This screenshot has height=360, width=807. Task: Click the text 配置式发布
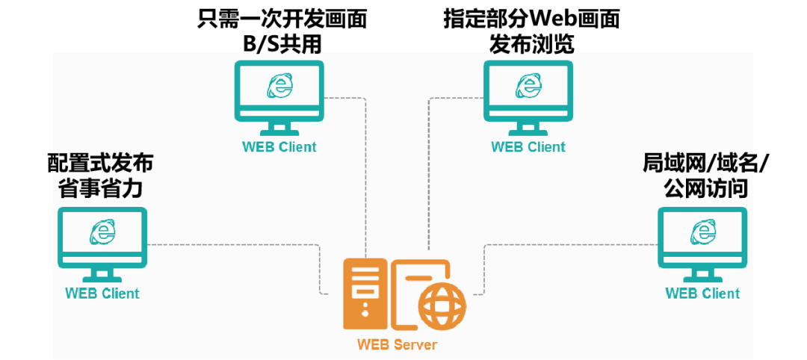click(x=102, y=162)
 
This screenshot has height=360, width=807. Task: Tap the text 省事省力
click(x=101, y=187)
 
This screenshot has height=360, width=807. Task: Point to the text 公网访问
click(x=705, y=187)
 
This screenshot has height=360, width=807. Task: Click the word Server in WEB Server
click(x=415, y=344)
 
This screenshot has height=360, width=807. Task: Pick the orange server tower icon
click(x=365, y=294)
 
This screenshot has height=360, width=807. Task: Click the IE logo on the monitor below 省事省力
click(x=102, y=232)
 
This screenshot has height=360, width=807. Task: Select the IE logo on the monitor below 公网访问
click(x=702, y=232)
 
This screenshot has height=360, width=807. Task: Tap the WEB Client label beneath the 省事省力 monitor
click(x=102, y=294)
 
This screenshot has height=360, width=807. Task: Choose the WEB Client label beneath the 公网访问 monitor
click(x=702, y=294)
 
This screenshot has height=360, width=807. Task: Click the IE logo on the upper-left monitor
click(x=279, y=86)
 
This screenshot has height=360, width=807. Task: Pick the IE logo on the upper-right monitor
click(x=528, y=86)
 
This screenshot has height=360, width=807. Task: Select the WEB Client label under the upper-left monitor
click(x=279, y=147)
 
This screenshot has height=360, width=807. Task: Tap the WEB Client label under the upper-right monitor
click(x=528, y=147)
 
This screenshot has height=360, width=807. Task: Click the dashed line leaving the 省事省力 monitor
click(x=232, y=244)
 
